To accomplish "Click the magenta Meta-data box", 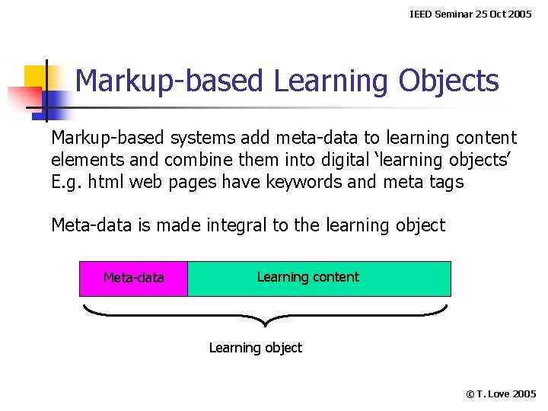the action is point(133,279).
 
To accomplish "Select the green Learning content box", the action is point(319,279).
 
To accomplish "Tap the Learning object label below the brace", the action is point(255,348).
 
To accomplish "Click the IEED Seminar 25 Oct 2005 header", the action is point(470,14).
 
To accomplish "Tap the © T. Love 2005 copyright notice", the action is point(501,393).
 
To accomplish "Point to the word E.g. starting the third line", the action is point(65,183).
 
